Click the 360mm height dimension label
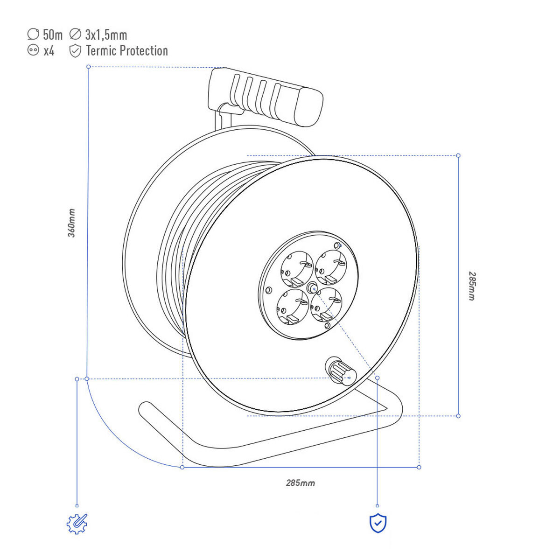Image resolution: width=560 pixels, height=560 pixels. point(71,223)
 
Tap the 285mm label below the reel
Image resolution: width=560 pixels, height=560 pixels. point(300,483)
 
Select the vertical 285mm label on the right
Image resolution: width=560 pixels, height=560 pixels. point(472,286)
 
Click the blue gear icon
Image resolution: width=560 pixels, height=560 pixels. point(77,524)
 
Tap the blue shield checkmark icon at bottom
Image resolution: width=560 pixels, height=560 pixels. point(378,523)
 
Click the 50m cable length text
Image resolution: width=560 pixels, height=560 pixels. point(53,35)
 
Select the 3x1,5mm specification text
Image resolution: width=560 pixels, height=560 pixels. point(106,35)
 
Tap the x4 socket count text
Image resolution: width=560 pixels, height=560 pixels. point(49,51)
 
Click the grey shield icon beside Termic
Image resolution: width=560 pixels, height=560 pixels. point(75,51)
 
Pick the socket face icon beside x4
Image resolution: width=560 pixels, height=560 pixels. point(33,50)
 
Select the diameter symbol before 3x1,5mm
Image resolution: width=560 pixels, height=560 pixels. point(75,34)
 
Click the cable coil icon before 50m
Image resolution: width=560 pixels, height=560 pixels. point(33,34)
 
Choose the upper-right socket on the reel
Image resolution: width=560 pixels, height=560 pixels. point(331,267)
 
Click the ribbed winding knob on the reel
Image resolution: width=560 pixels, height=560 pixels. point(341,371)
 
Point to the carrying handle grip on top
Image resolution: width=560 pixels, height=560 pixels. point(266,97)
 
